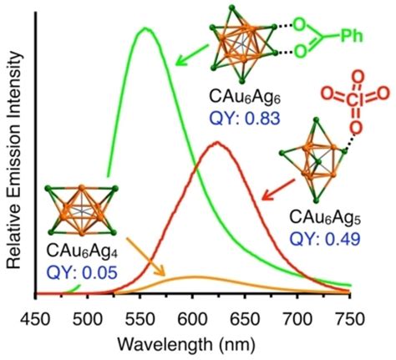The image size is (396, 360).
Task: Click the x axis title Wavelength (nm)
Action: click(x=193, y=343)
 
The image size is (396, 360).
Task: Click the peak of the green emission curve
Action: click(x=146, y=28)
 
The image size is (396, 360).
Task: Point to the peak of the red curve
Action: click(x=217, y=142)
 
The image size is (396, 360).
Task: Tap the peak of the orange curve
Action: click(x=194, y=276)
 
